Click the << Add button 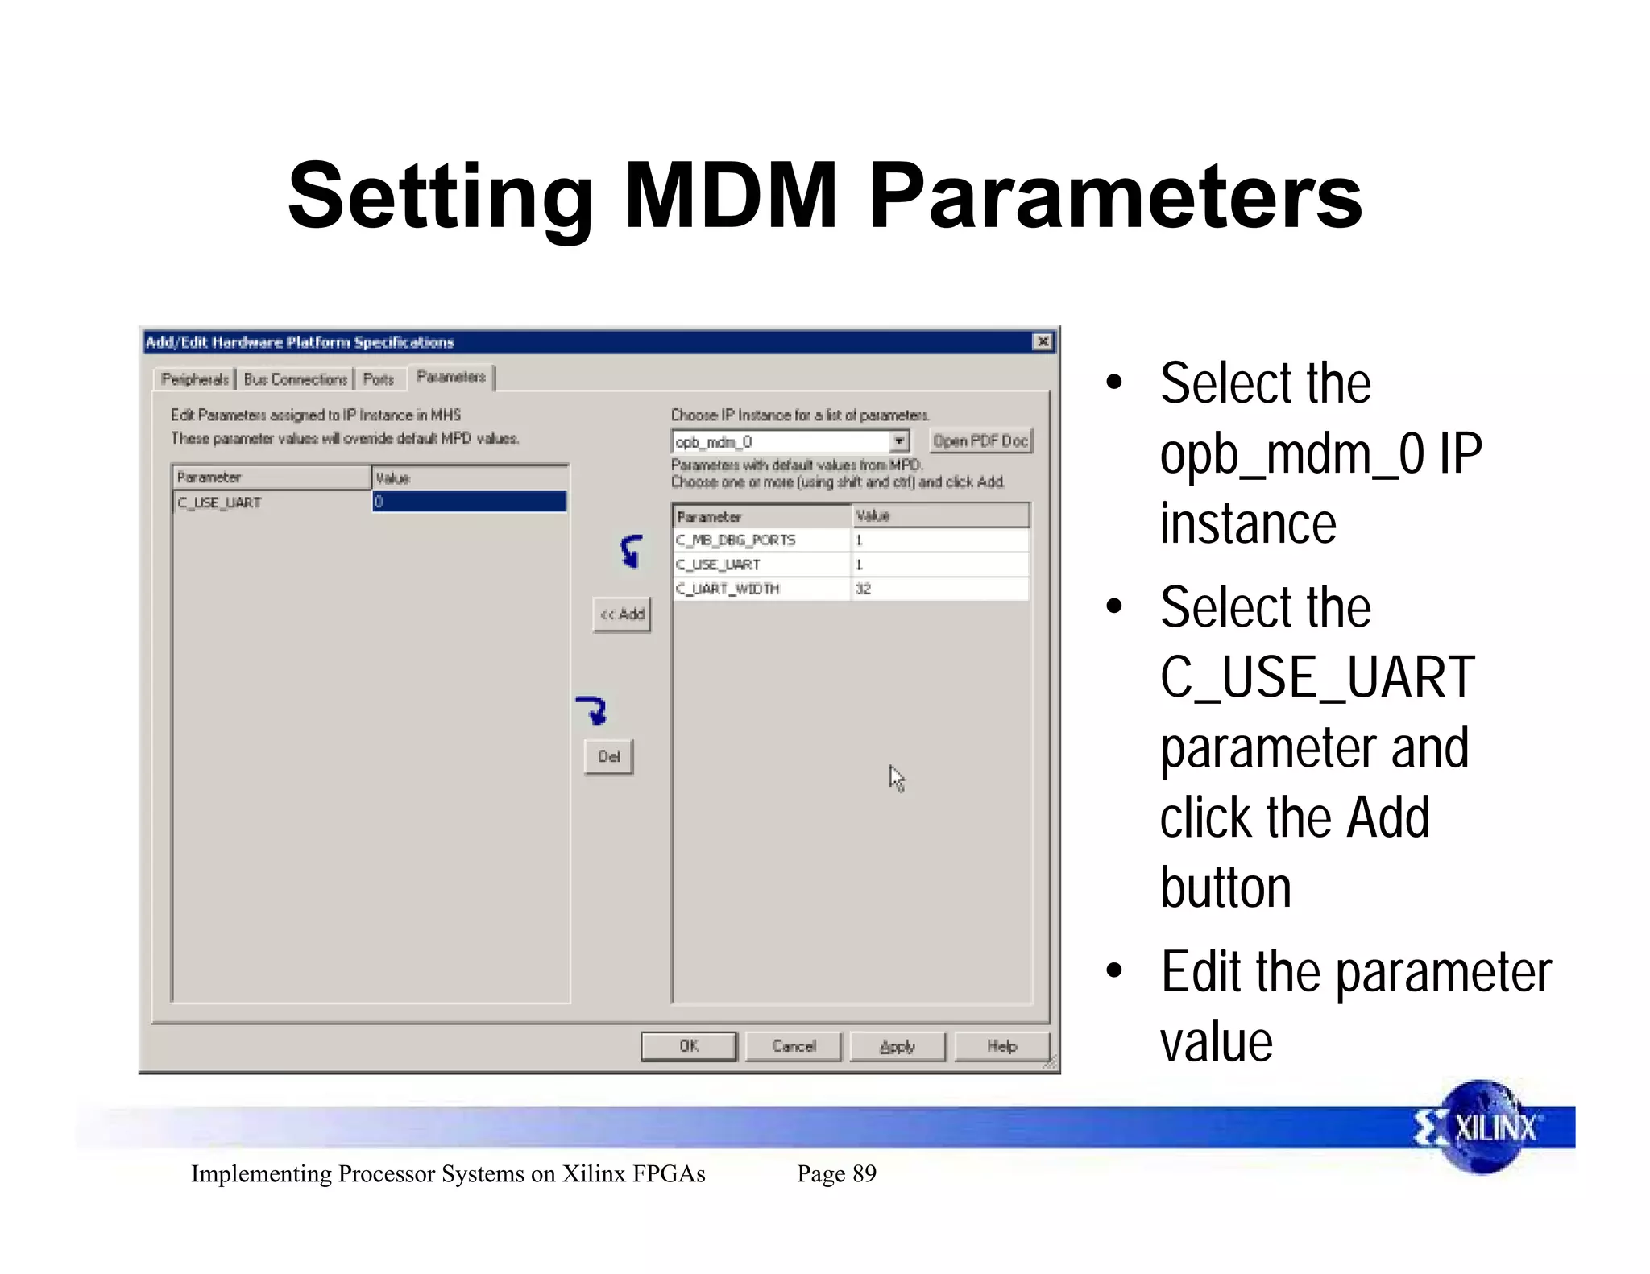click(x=622, y=614)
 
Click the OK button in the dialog click(x=689, y=1046)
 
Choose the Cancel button click(x=794, y=1046)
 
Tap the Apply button click(x=898, y=1046)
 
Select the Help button click(x=1002, y=1046)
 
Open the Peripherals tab click(x=195, y=379)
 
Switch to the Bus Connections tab click(x=296, y=379)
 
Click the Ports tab click(x=379, y=379)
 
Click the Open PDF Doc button click(x=980, y=441)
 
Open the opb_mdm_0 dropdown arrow click(x=899, y=441)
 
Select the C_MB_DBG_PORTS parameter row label click(x=736, y=540)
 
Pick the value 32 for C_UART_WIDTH click(x=864, y=589)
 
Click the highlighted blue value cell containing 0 click(x=469, y=502)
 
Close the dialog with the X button click(x=1043, y=342)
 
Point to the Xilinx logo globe click(x=1483, y=1127)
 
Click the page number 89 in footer click(x=864, y=1173)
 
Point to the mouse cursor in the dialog click(x=896, y=778)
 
